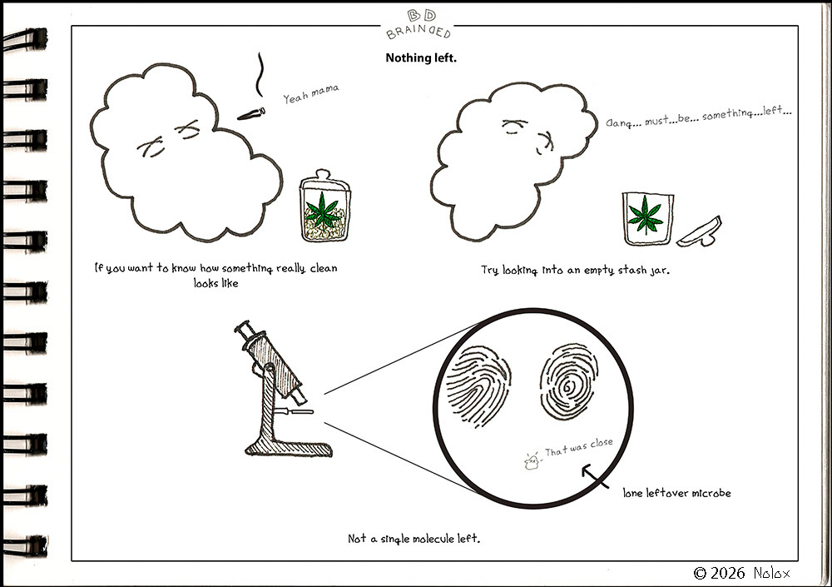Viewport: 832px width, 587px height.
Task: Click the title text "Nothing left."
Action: [421, 58]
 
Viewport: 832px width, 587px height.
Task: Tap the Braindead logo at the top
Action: [419, 24]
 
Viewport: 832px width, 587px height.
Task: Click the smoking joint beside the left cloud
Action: [251, 114]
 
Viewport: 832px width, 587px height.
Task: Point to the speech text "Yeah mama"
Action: [311, 93]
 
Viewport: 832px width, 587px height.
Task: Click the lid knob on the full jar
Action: [322, 174]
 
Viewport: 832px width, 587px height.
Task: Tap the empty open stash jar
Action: [648, 218]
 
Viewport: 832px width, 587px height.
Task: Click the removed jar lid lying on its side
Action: [700, 232]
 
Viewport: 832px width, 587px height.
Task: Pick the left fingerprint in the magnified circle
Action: [478, 386]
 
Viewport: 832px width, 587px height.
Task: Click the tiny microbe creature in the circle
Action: [531, 461]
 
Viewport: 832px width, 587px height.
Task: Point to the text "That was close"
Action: [578, 447]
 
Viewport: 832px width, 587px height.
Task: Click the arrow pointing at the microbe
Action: [595, 475]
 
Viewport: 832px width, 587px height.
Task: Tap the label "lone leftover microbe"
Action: [676, 493]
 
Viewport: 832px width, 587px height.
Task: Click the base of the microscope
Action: [290, 448]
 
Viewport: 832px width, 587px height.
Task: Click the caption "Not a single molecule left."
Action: [414, 539]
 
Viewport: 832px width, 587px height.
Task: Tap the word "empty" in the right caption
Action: [599, 271]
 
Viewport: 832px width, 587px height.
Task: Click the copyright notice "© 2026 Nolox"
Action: [742, 573]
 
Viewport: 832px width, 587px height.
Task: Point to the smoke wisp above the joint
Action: [260, 74]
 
